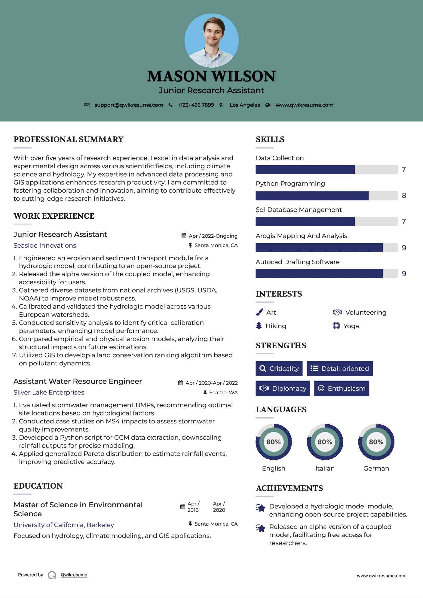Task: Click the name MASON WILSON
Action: click(211, 76)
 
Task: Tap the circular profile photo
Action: click(212, 40)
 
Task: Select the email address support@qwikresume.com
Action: click(129, 105)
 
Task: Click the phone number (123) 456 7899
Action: click(196, 105)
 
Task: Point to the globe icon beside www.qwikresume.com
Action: click(268, 105)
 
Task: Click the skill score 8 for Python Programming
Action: click(404, 196)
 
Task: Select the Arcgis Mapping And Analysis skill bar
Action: click(326, 248)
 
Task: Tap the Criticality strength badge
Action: click(279, 368)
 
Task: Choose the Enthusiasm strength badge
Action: click(342, 388)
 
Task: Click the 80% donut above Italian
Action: click(325, 442)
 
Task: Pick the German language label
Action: click(376, 468)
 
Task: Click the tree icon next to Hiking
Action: click(259, 326)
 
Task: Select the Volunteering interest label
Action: click(366, 312)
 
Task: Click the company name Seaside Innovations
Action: click(45, 245)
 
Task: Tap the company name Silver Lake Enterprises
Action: click(49, 392)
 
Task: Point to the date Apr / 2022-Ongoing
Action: click(213, 236)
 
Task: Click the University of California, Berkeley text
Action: click(64, 525)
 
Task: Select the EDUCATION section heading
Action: click(38, 486)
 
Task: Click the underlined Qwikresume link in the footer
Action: click(74, 575)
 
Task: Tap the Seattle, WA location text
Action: click(223, 392)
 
